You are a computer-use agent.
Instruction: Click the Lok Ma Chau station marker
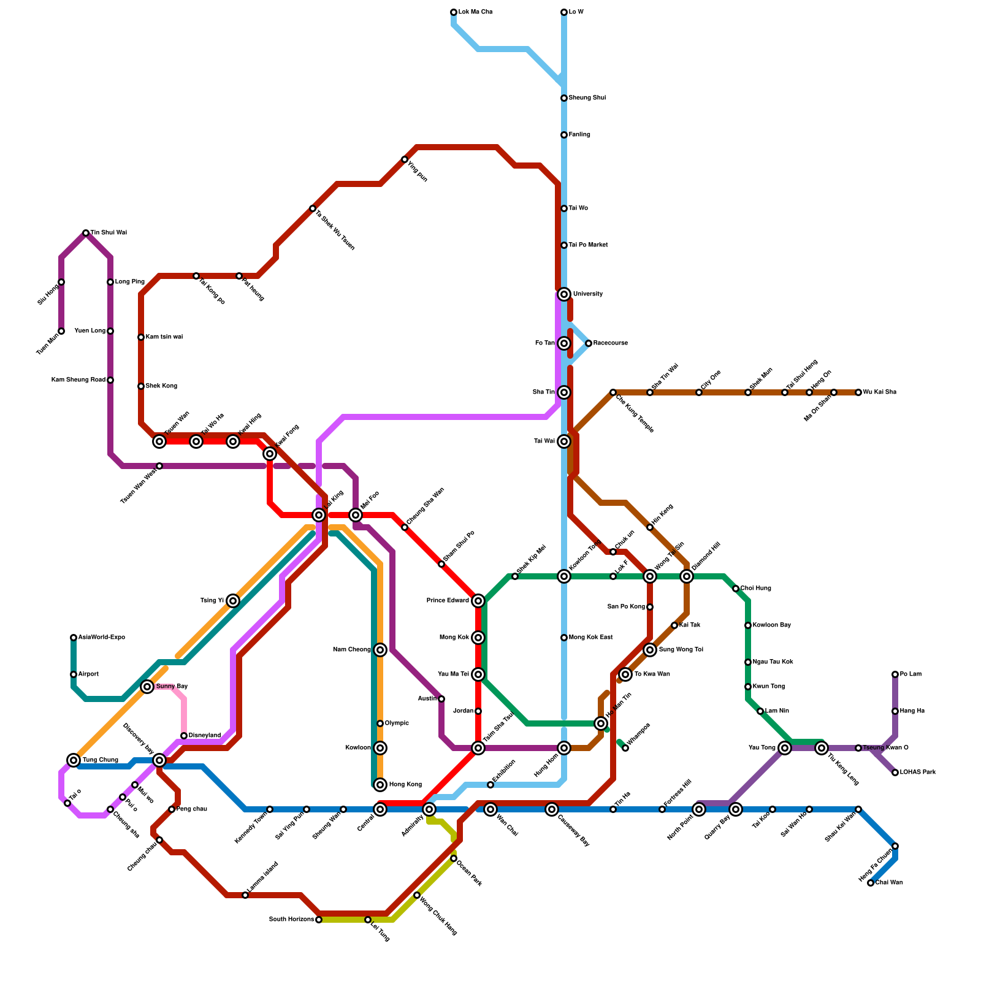point(454,12)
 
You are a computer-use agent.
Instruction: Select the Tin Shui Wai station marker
point(86,233)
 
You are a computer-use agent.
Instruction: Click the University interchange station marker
point(564,294)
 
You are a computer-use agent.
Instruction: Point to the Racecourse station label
point(610,343)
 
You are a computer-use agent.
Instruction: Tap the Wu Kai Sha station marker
point(858,392)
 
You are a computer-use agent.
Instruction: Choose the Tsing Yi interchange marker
point(233,601)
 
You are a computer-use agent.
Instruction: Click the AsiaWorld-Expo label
point(101,638)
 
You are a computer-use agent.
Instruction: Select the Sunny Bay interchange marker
point(147,687)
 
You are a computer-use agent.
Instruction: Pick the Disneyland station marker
point(184,736)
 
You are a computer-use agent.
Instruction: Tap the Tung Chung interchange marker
point(74,760)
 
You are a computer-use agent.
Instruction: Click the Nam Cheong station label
point(351,650)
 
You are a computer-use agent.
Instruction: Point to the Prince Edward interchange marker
point(478,601)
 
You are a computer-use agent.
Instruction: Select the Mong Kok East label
point(590,638)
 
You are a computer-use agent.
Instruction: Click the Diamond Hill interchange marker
point(687,576)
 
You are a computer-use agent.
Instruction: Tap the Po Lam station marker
point(895,674)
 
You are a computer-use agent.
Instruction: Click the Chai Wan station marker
point(871,883)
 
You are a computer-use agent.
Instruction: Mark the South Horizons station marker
point(319,920)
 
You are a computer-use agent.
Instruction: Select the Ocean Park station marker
point(454,858)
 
